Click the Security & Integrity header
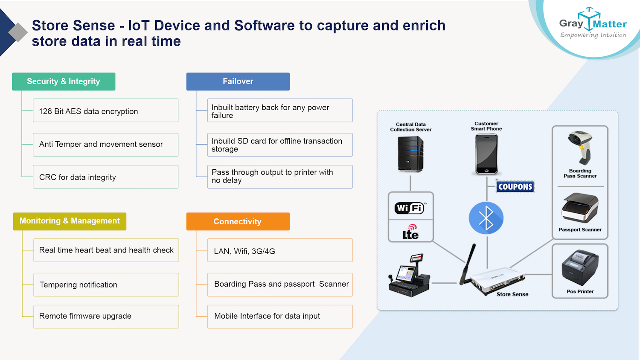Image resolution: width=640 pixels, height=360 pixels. [x=64, y=81]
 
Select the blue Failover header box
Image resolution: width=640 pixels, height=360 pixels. [x=238, y=81]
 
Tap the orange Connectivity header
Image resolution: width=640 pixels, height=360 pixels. [x=238, y=221]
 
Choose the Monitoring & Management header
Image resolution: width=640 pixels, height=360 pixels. [x=70, y=221]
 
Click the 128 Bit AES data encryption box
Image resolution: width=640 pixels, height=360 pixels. [x=105, y=111]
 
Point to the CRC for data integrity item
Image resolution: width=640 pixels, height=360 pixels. [x=105, y=177]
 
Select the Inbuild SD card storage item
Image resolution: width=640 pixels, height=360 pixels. [x=279, y=145]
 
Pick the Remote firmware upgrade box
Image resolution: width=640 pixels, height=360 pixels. [x=106, y=316]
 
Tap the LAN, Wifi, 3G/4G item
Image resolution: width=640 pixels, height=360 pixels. [x=279, y=251]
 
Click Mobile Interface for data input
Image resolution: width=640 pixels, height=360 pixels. [x=279, y=316]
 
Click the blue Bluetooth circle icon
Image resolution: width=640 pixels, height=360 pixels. [x=486, y=218]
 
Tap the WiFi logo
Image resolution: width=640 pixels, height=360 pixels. [x=410, y=208]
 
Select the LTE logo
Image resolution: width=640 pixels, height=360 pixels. [x=410, y=232]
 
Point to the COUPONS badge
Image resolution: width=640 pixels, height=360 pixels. [x=515, y=187]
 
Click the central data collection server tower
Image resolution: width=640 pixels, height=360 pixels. [x=410, y=154]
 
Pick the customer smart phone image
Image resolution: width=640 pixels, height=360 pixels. [x=486, y=154]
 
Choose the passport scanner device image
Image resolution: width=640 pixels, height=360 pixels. [x=580, y=208]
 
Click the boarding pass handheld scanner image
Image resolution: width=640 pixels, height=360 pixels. [x=581, y=148]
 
